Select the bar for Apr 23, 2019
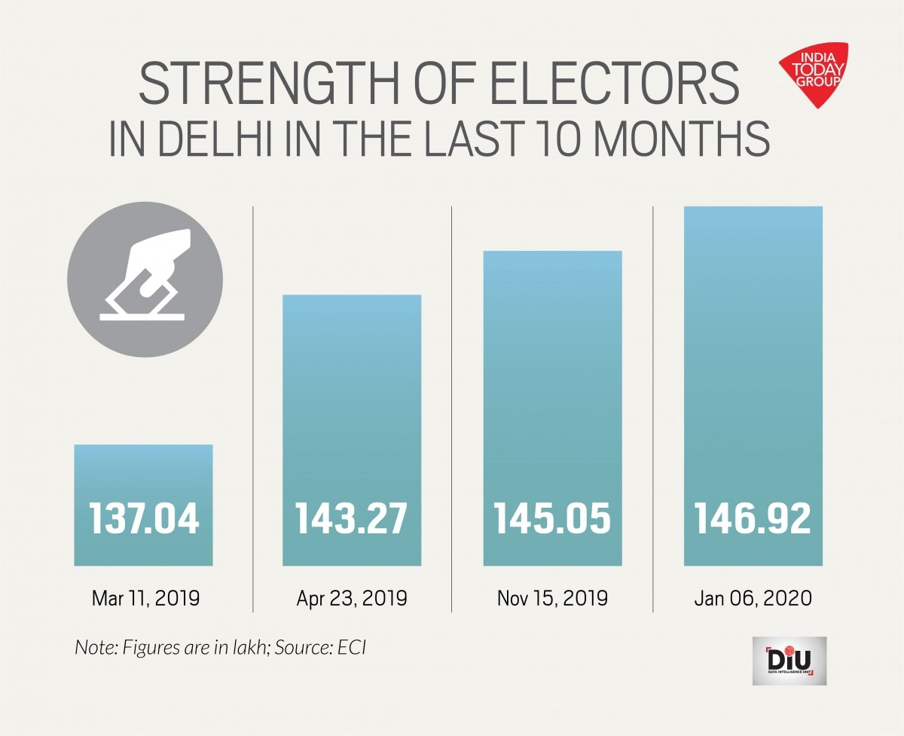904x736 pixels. point(352,392)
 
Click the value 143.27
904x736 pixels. point(352,519)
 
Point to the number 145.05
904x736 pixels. point(552,519)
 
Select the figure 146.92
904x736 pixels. point(753,519)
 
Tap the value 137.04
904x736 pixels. point(144,519)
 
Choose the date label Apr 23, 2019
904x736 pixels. point(352,599)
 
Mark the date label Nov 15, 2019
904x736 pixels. point(552,599)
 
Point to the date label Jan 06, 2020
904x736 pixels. point(753,599)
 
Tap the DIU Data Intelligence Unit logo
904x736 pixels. point(789,661)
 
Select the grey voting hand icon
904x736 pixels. point(145,279)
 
